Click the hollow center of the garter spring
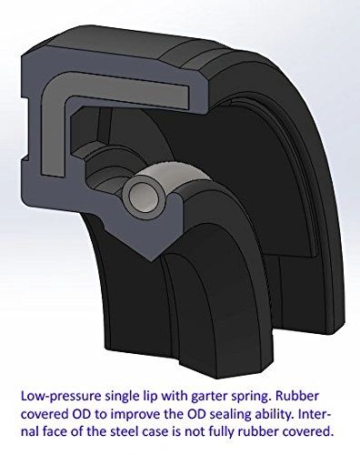point(143,194)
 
